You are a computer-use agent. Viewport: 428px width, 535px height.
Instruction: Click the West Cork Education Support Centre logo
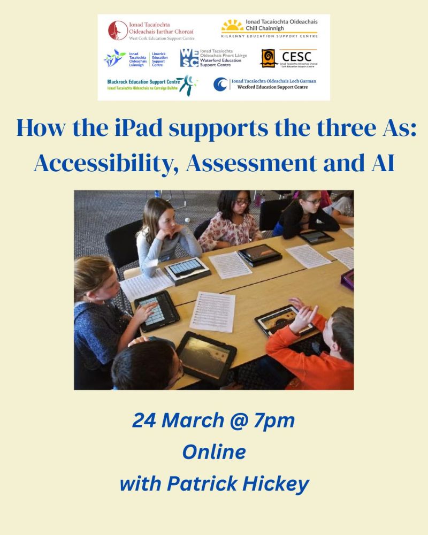click(x=150, y=31)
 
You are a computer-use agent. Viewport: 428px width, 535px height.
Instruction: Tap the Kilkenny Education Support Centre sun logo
click(x=233, y=26)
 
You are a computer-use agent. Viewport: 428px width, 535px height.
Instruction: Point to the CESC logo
click(x=288, y=58)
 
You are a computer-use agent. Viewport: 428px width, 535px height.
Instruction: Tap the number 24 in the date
click(x=145, y=421)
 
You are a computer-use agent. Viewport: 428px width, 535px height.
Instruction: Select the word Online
click(x=214, y=453)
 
